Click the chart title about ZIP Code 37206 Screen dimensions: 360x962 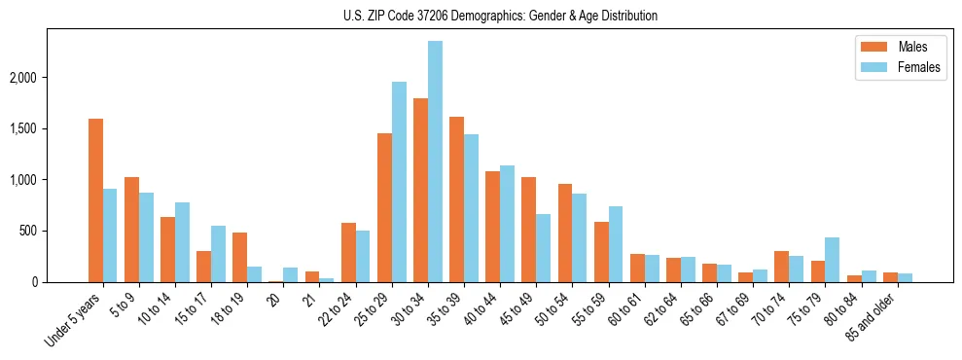click(x=500, y=16)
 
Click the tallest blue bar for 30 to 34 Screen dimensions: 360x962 click(x=435, y=162)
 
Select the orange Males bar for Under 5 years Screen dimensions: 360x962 click(x=95, y=200)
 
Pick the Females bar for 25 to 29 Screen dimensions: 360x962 click(x=399, y=182)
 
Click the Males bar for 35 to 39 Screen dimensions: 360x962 click(x=456, y=199)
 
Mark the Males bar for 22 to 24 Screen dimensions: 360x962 click(x=348, y=253)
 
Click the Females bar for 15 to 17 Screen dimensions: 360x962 click(x=218, y=254)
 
